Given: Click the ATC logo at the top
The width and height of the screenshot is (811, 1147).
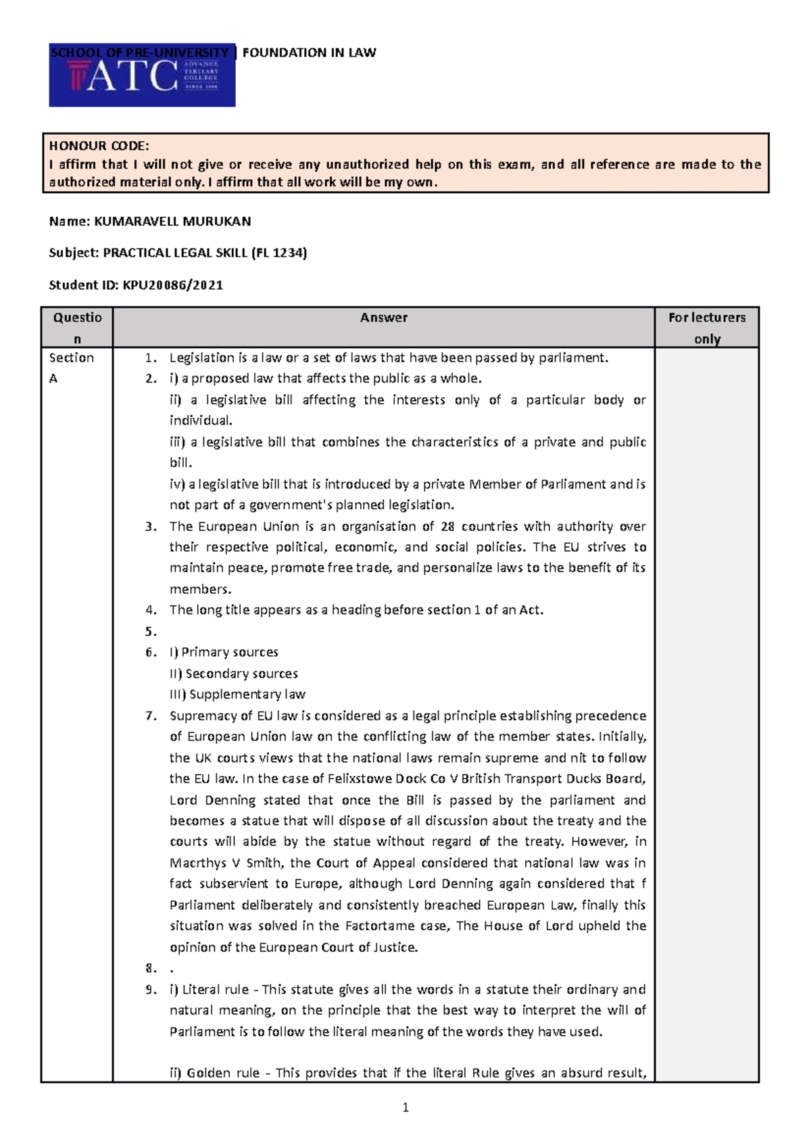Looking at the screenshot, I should tap(142, 76).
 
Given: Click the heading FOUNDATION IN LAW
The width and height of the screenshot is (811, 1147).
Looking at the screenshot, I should tap(309, 53).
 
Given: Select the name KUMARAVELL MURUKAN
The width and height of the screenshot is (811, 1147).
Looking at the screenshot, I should tap(172, 222).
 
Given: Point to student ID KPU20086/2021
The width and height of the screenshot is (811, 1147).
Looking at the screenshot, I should tap(172, 285).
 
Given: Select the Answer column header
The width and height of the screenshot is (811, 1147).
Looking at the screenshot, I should tap(383, 317).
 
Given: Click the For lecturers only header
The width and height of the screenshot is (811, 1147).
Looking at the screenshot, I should tap(707, 328).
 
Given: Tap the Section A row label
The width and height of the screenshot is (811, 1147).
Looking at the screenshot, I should tap(71, 367).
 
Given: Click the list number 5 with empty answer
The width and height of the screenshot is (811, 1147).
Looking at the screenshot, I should tap(151, 632).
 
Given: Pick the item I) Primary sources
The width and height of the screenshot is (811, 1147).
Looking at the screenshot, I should tap(224, 653).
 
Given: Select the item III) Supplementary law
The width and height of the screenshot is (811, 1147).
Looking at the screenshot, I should tap(237, 694).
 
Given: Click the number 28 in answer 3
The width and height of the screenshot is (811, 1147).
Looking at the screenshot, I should tap(447, 527).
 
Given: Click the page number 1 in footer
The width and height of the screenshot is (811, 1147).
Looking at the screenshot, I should tap(405, 1107).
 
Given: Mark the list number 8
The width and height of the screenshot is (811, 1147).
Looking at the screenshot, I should tap(151, 969).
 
